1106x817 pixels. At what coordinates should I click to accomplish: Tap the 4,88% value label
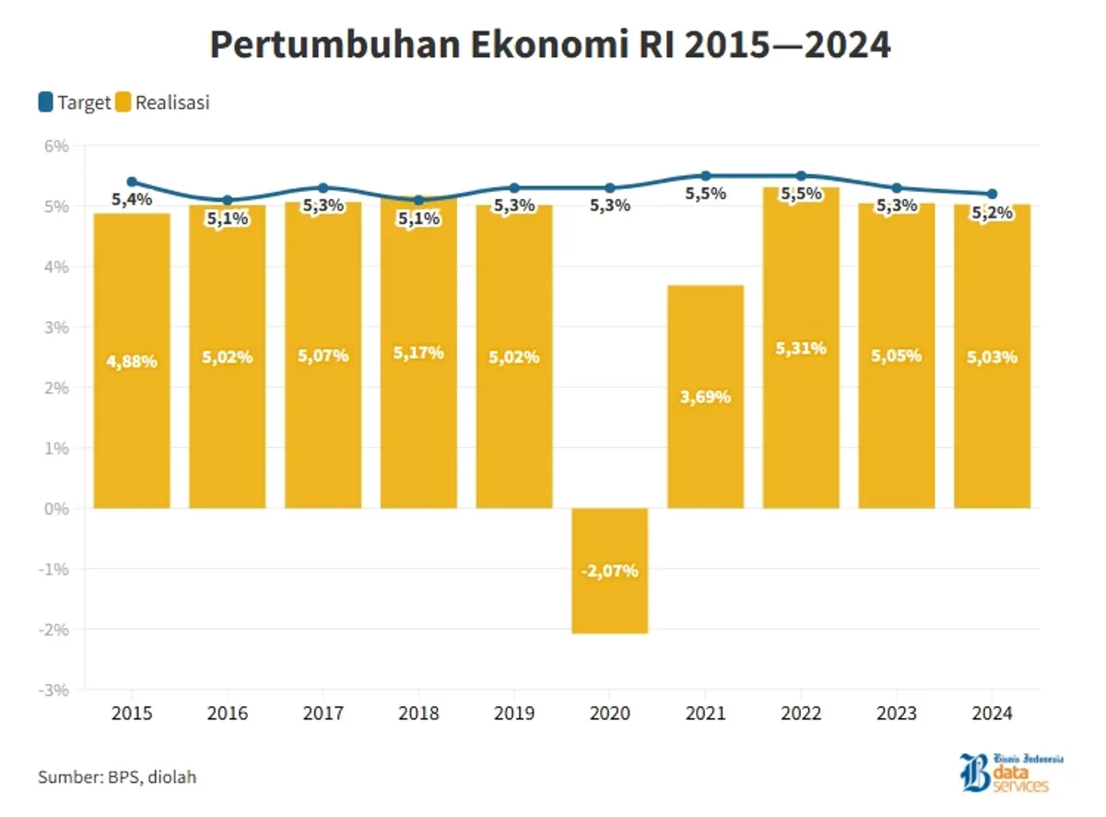132,361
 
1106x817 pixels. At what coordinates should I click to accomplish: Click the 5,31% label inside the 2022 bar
801,349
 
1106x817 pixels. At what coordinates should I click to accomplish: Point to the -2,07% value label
609,571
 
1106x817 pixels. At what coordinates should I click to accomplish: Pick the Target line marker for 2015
132,182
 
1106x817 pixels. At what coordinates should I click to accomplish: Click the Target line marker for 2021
706,175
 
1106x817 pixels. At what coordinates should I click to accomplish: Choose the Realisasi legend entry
163,102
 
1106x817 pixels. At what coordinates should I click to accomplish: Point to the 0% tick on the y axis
57,508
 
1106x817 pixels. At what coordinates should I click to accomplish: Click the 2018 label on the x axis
418,714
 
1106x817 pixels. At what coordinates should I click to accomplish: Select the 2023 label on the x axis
897,714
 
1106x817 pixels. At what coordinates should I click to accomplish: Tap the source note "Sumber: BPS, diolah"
117,777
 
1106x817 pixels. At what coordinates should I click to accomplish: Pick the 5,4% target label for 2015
132,198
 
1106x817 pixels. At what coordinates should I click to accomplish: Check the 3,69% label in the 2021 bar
705,397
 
